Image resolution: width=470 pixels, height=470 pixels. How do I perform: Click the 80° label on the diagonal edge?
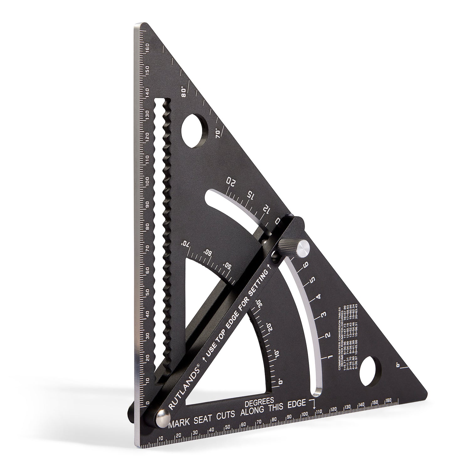(184, 91)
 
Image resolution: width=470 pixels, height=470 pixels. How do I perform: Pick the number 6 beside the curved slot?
(305, 264)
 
